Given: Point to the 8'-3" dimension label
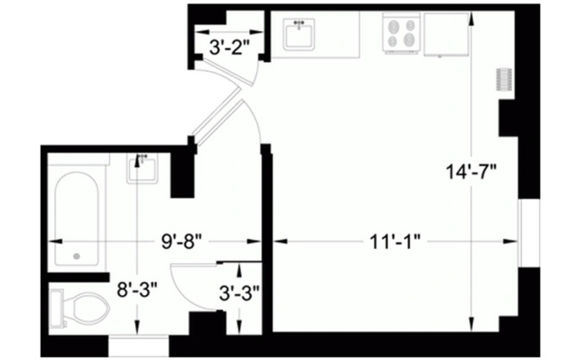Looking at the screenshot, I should [x=138, y=286].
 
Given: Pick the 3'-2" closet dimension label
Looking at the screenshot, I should [x=229, y=48].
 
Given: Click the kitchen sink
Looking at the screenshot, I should [x=302, y=35].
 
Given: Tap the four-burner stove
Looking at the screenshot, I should [x=402, y=33].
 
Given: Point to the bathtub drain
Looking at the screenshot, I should [x=77, y=256].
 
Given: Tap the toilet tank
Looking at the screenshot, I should [x=57, y=307].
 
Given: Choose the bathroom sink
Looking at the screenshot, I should [x=142, y=168].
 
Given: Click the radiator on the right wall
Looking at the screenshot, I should [x=500, y=79].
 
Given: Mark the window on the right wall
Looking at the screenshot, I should [x=528, y=233].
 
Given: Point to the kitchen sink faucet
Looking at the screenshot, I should [x=301, y=23].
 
